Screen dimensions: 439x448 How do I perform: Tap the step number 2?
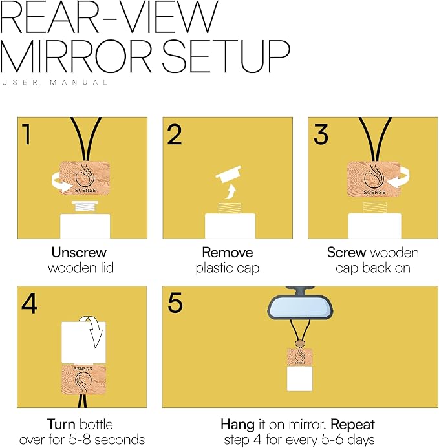[175, 134]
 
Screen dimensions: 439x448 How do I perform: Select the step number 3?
[321, 134]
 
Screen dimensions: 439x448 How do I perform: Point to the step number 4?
[29, 304]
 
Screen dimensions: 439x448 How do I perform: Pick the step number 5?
[175, 303]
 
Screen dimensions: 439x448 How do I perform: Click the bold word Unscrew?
[79, 253]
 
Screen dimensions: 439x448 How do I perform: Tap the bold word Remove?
[228, 253]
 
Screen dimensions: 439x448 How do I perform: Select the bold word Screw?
[347, 253]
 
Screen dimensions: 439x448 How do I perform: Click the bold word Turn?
[61, 424]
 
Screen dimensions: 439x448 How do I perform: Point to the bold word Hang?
[237, 425]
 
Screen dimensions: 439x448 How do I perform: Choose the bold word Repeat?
[352, 425]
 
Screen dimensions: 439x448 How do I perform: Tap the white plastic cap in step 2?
[228, 174]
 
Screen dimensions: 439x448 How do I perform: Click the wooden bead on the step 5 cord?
[299, 343]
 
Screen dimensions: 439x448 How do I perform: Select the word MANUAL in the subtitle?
[79, 82]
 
